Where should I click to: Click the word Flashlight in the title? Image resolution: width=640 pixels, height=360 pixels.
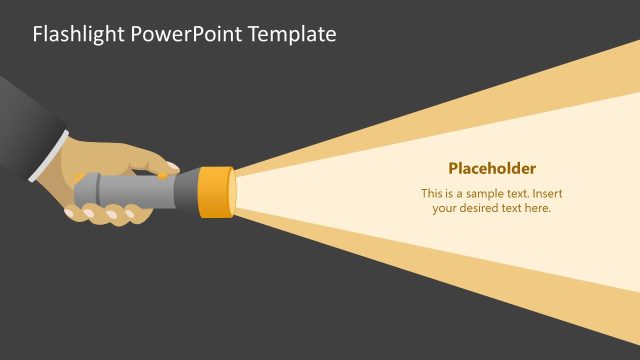[78, 34]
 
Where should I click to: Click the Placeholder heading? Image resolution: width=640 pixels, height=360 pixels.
[492, 168]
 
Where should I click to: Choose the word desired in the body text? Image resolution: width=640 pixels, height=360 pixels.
[484, 208]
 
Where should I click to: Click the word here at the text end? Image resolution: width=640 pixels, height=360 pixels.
[539, 208]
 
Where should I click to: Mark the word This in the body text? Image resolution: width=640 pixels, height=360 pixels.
[432, 193]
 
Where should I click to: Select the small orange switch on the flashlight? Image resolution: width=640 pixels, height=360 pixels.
[162, 176]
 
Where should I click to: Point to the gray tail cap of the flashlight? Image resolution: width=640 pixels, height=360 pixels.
[83, 189]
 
